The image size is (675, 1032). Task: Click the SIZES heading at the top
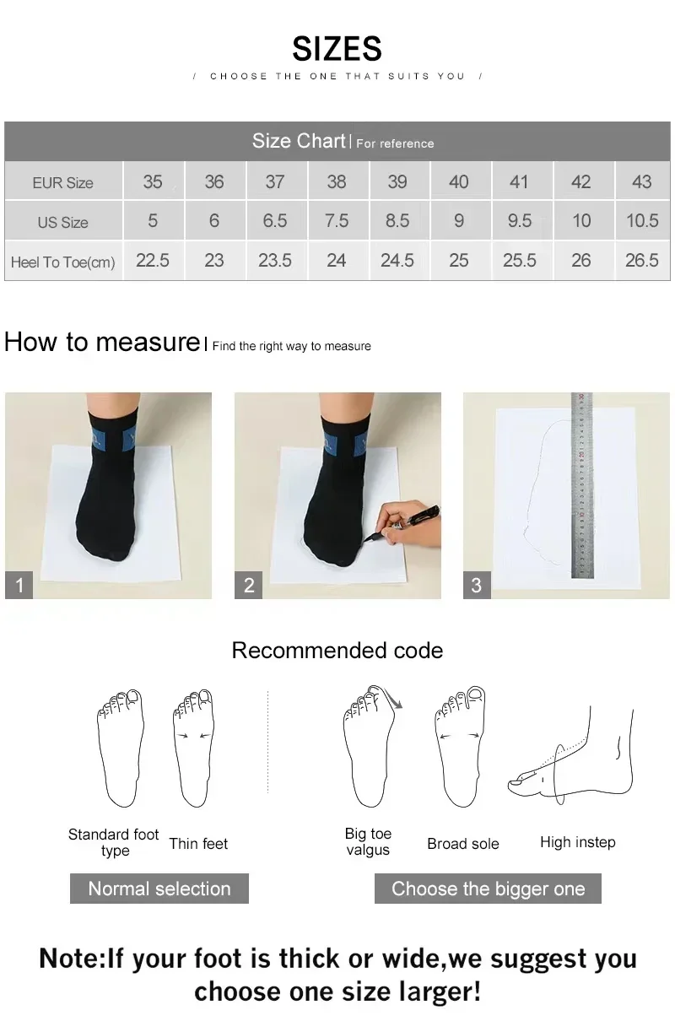(x=337, y=49)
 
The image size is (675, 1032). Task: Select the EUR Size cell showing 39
(x=397, y=181)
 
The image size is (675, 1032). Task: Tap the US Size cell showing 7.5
(x=336, y=221)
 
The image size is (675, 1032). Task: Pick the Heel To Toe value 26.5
(x=641, y=261)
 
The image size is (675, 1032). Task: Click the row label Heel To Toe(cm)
(x=62, y=262)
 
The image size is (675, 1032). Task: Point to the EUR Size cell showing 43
(x=641, y=181)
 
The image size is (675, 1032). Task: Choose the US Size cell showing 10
(x=580, y=221)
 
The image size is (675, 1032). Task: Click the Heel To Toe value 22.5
(x=153, y=261)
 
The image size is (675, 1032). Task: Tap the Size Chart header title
(x=299, y=141)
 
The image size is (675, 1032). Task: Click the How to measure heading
(x=101, y=342)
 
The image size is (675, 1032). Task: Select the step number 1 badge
(x=19, y=585)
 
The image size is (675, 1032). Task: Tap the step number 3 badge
(x=477, y=585)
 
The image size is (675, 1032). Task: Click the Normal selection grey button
(x=159, y=889)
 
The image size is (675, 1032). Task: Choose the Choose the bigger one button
(x=488, y=889)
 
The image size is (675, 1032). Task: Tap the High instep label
(x=577, y=842)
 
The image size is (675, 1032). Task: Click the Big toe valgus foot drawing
(x=370, y=747)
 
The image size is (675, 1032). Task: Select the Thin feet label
(x=198, y=844)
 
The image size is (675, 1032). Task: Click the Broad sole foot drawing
(x=460, y=747)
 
